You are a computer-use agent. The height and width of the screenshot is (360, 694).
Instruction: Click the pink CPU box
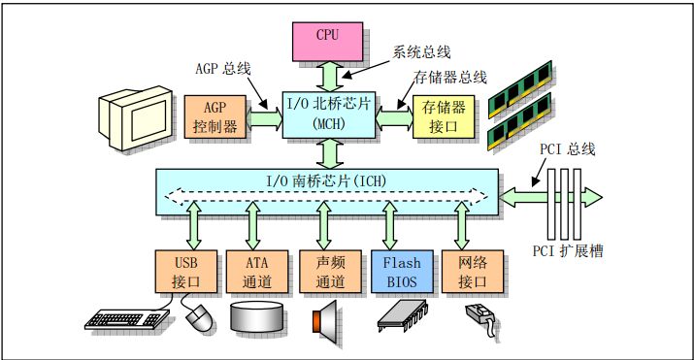(328, 36)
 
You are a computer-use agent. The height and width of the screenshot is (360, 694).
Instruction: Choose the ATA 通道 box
(254, 272)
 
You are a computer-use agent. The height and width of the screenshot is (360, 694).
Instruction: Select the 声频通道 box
(324, 272)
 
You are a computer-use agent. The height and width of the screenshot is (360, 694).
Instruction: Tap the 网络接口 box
(464, 272)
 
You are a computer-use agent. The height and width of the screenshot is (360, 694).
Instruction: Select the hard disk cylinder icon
(257, 317)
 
